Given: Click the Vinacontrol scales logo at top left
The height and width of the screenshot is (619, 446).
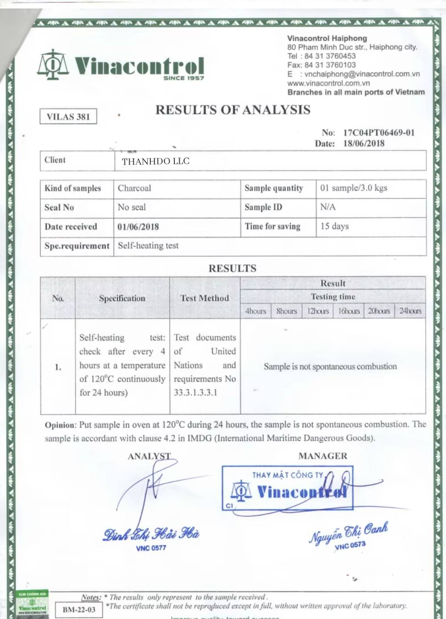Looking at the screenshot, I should click(x=53, y=65).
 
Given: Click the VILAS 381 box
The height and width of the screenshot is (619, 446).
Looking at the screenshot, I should click(x=68, y=117).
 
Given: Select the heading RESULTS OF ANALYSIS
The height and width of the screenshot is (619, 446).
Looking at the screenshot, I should click(x=233, y=110).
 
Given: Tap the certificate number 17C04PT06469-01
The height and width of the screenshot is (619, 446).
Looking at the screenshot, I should click(x=379, y=133).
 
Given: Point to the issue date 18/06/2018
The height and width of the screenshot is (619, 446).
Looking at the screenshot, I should click(x=363, y=143).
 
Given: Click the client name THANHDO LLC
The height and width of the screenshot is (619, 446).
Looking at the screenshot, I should click(x=156, y=161).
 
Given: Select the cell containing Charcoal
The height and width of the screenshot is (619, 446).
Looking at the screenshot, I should click(x=134, y=188).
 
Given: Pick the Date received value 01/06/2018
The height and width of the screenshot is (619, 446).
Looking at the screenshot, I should click(x=138, y=227).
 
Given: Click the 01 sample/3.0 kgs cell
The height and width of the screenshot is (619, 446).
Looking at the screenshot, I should click(x=354, y=188).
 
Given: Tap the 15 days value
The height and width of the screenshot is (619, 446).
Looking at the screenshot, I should click(x=334, y=226).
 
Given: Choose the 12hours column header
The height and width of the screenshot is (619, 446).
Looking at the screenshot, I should click(x=318, y=311).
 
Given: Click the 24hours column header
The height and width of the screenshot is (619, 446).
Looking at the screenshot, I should click(x=410, y=311).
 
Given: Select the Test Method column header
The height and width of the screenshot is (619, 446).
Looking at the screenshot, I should click(x=205, y=298).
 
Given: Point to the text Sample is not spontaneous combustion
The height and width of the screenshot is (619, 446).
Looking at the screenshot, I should click(x=330, y=366).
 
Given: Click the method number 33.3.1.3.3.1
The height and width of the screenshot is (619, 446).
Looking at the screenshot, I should click(x=195, y=393).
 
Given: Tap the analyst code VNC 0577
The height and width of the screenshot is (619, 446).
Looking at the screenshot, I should click(x=151, y=548).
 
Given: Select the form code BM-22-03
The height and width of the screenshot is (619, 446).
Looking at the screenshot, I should click(x=79, y=610).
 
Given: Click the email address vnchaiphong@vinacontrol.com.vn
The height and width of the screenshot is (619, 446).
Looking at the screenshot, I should click(x=362, y=74).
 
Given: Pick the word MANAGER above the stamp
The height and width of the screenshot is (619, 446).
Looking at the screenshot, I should click(x=323, y=456).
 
